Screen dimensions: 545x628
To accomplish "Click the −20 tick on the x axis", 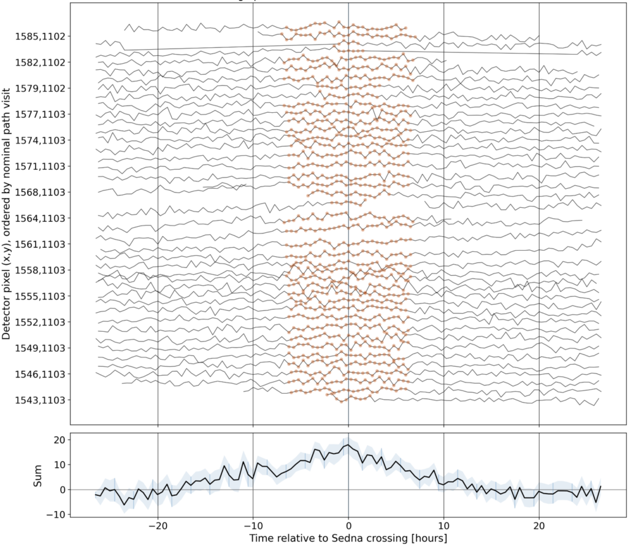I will (x=158, y=527).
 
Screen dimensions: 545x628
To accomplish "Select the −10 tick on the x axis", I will (x=253, y=527).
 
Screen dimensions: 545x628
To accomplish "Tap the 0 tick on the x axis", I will (x=348, y=527).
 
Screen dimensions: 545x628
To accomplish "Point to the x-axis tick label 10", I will (x=443, y=527).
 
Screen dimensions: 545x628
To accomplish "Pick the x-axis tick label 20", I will (x=539, y=527).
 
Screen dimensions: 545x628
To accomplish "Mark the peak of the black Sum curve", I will (x=348, y=445).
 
